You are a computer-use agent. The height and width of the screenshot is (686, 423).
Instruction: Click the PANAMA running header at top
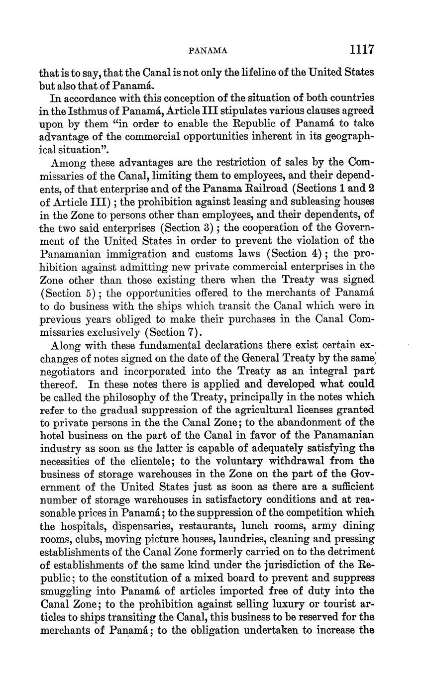[208, 51]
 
